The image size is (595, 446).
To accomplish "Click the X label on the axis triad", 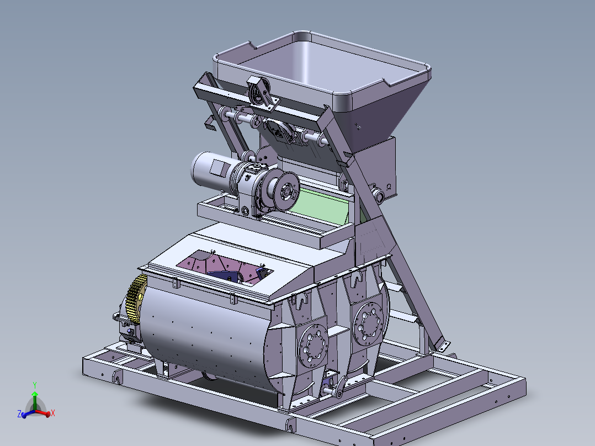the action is tap(53, 413).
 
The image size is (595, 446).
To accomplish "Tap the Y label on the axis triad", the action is tap(35, 385).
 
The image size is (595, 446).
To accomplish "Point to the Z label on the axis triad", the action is tap(19, 414).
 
